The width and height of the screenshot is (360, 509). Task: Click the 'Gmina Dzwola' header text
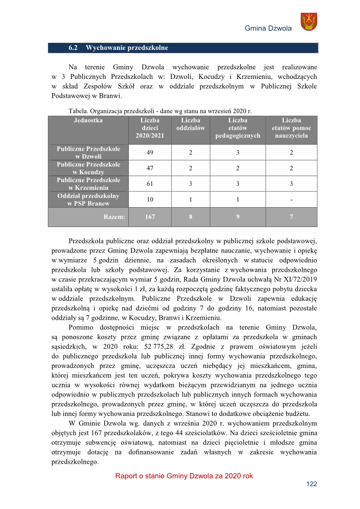point(268,28)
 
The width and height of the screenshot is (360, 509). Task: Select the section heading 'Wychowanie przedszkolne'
point(126,48)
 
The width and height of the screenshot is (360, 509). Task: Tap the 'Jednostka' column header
point(88,121)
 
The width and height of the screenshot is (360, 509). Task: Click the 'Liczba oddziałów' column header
point(190,124)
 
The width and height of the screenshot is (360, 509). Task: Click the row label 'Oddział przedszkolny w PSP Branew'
point(88,200)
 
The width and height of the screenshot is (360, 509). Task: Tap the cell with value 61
point(150,184)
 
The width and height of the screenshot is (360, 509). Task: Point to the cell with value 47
point(150,168)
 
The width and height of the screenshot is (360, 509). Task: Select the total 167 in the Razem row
point(150,217)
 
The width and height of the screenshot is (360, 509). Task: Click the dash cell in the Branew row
point(291,200)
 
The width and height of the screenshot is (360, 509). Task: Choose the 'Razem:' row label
point(115,217)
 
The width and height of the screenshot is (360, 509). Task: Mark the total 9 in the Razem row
point(237,217)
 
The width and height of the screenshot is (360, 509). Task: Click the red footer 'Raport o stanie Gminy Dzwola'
point(184,476)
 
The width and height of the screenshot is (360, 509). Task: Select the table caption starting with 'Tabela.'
point(161,110)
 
